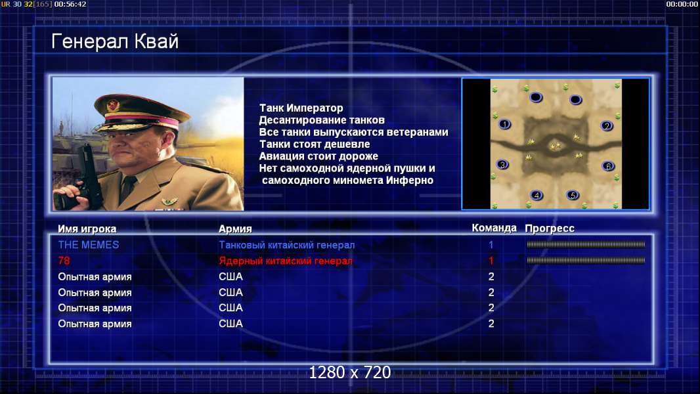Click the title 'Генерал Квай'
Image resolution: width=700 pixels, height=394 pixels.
pyautogui.click(x=115, y=41)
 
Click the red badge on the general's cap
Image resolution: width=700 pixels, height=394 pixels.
pyautogui.click(x=114, y=105)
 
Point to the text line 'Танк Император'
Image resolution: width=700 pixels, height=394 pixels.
pyautogui.click(x=301, y=108)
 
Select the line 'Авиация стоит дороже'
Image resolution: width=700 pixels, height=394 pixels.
pyautogui.click(x=318, y=156)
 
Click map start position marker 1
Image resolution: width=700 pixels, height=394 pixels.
pyautogui.click(x=504, y=124)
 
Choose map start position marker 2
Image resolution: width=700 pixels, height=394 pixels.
pyautogui.click(x=607, y=126)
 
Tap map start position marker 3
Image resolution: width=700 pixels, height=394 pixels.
pyautogui.click(x=503, y=165)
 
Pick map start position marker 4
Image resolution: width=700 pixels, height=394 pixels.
pyautogui.click(x=536, y=195)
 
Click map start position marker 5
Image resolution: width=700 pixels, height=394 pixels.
pyautogui.click(x=573, y=195)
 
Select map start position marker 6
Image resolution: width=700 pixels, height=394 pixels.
pyautogui.click(x=608, y=166)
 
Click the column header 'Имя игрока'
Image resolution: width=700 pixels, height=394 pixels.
pyautogui.click(x=87, y=229)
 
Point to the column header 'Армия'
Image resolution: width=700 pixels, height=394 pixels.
pyautogui.click(x=235, y=229)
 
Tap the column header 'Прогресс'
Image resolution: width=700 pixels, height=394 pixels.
pyautogui.click(x=550, y=229)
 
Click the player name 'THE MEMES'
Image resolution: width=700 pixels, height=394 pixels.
pyautogui.click(x=89, y=245)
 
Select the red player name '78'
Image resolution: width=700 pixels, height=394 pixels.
pyautogui.click(x=64, y=261)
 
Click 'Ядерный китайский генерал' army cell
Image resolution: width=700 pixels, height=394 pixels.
pyautogui.click(x=286, y=261)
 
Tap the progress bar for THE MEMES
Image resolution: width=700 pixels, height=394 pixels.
pyautogui.click(x=586, y=244)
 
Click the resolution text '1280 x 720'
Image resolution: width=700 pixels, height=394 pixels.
pyautogui.click(x=350, y=372)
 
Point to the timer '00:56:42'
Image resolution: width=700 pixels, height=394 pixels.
pyautogui.click(x=70, y=4)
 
